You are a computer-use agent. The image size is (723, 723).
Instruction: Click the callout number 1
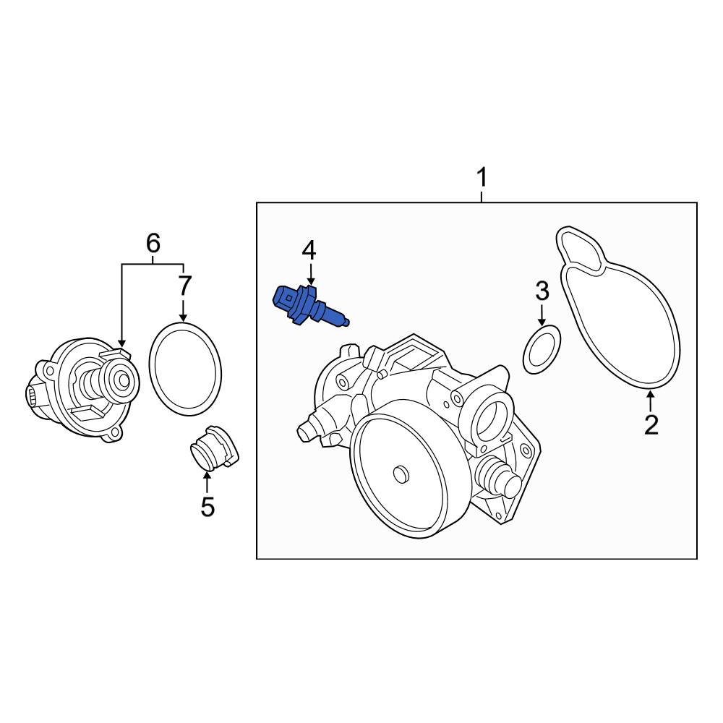point(482,177)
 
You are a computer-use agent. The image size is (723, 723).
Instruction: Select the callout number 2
point(651,424)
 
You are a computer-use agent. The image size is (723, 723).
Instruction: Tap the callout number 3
point(542,291)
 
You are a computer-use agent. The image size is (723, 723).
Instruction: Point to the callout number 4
point(309,251)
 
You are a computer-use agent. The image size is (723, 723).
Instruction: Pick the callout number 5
point(208,507)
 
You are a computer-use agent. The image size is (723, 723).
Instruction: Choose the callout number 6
point(153,244)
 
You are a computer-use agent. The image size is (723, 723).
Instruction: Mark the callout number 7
point(184,286)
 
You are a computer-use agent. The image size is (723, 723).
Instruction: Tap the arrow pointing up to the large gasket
point(651,401)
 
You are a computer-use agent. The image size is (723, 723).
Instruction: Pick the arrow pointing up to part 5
point(208,481)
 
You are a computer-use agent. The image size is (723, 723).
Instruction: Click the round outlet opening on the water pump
point(492,417)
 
